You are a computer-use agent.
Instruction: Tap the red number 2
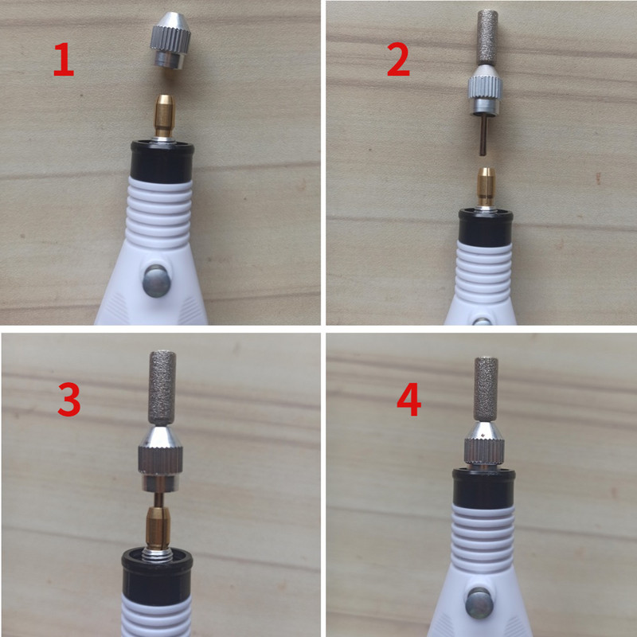point(398,60)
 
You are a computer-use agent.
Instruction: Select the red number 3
point(69,401)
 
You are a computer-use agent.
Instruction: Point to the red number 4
point(408,401)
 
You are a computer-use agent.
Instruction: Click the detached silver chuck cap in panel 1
point(170,41)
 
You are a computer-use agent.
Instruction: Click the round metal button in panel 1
point(156,281)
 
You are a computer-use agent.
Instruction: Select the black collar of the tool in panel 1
point(162,162)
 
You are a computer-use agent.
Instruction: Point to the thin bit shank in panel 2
point(483,135)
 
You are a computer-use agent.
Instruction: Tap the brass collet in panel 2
point(486,186)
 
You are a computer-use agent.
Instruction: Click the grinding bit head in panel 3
point(162,389)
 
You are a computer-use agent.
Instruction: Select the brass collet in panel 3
point(157,527)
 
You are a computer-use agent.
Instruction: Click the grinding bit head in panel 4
point(487,390)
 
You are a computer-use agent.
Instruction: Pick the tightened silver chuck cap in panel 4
point(484,445)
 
